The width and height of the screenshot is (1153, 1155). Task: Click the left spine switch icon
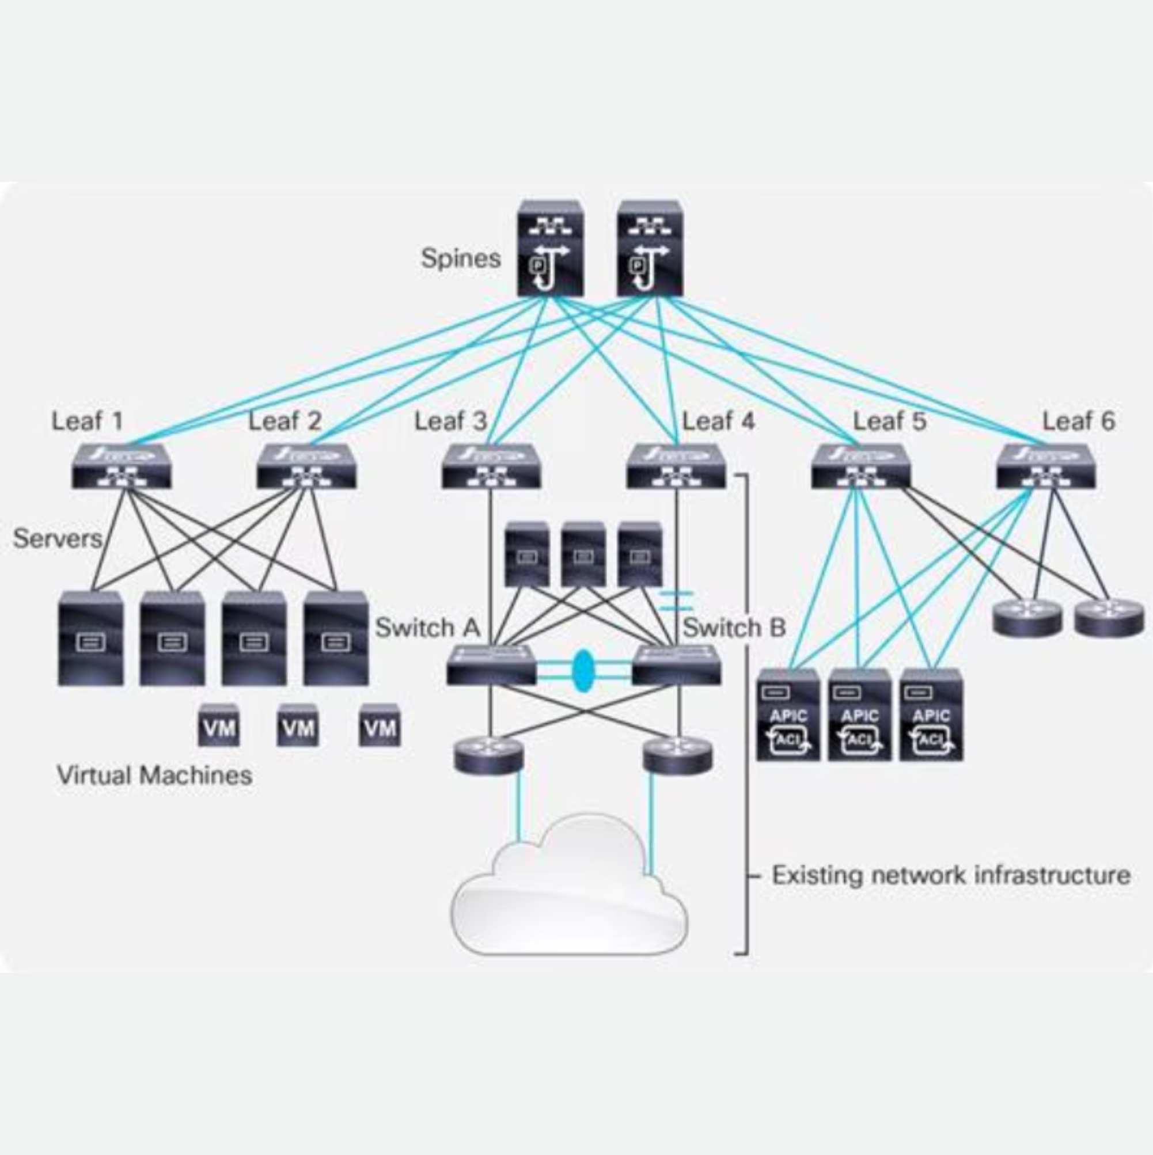(x=551, y=248)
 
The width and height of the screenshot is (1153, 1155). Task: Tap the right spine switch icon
(x=650, y=248)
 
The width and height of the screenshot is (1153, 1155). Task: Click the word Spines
(x=461, y=259)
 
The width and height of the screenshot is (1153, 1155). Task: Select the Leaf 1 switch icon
(x=122, y=466)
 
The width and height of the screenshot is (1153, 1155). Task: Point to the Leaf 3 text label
(x=452, y=421)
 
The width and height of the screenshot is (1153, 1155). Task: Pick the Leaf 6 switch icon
(x=1046, y=466)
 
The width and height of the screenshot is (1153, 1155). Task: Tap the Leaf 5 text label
(x=889, y=421)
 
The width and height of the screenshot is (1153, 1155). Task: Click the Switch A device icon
(x=491, y=665)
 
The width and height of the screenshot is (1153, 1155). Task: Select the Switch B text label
(x=734, y=628)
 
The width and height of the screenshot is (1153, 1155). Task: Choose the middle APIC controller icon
(x=859, y=715)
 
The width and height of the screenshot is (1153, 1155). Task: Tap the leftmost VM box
(x=219, y=725)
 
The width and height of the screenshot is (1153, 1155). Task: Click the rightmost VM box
(x=380, y=725)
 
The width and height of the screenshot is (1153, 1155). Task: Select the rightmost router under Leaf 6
(x=1109, y=618)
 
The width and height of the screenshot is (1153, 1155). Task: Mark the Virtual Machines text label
(x=154, y=776)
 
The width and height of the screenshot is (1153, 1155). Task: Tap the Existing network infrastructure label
(x=951, y=875)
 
